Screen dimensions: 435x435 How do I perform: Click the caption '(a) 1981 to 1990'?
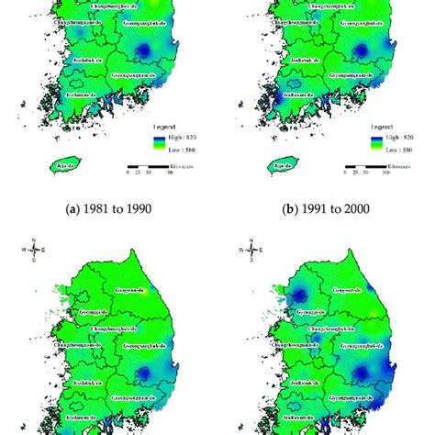pyautogui.click(x=106, y=208)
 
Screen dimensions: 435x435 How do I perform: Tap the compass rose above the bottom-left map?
pyautogui.click(x=34, y=248)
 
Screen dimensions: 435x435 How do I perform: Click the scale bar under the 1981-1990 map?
pyautogui.click(x=147, y=170)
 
